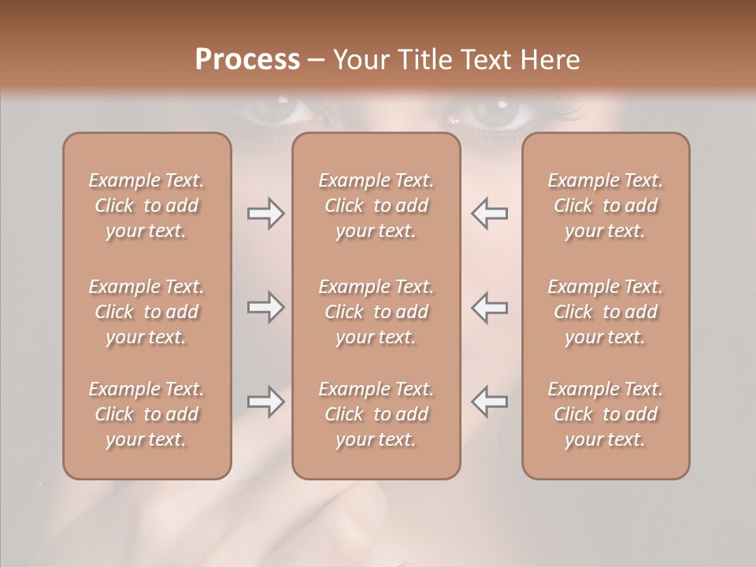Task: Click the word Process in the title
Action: (247, 60)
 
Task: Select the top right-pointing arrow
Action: (265, 213)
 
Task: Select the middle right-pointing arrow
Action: (265, 307)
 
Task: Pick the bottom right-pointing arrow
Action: (265, 402)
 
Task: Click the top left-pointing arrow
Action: (489, 213)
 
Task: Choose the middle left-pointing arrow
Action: (489, 307)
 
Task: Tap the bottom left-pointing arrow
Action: (489, 402)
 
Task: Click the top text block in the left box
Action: (146, 206)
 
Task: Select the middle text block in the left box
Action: (146, 312)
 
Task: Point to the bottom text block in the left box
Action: (146, 414)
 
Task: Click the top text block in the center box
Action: (376, 206)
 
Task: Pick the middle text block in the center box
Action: (376, 312)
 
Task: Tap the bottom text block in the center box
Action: (376, 414)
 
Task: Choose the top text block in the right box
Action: (606, 206)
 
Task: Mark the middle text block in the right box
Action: (606, 312)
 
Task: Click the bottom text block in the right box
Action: (606, 414)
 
